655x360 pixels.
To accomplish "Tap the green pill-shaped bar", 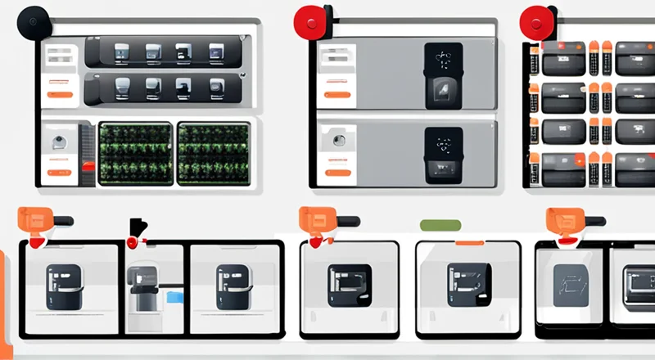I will (x=440, y=224).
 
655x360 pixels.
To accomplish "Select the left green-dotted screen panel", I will (x=135, y=152).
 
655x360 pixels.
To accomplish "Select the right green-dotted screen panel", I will (x=214, y=152).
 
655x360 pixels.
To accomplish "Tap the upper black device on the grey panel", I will (x=443, y=76).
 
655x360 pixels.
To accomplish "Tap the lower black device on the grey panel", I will (x=443, y=155).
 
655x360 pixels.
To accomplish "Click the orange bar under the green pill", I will (x=468, y=243).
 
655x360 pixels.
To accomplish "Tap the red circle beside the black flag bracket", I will (x=131, y=243).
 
